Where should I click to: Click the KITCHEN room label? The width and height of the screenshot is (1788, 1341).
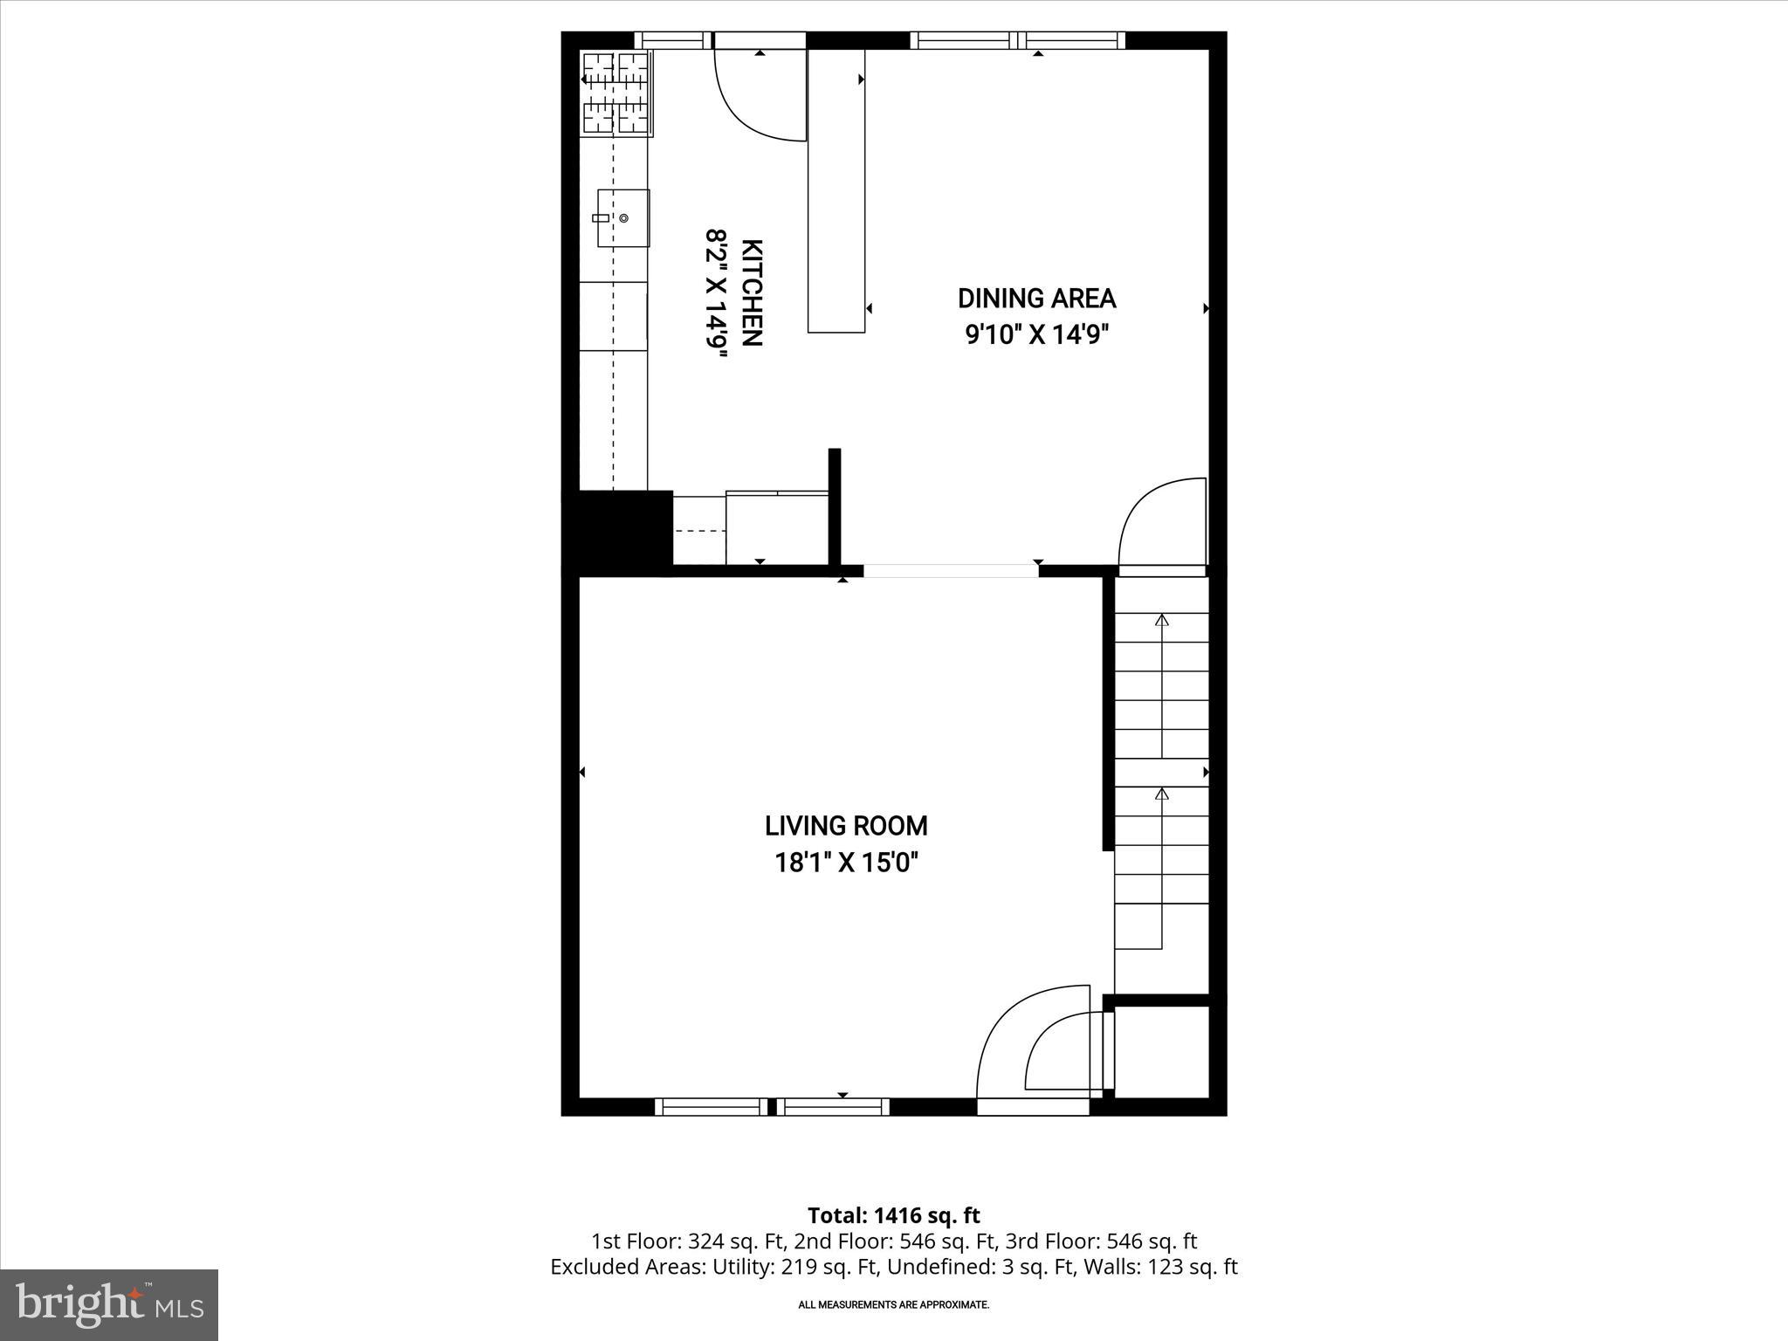[752, 292]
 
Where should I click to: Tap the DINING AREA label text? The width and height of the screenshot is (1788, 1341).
[1036, 299]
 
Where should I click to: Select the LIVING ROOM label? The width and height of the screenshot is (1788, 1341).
[846, 826]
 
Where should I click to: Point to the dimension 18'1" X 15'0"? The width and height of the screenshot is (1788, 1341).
[846, 863]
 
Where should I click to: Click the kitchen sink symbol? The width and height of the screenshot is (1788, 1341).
[622, 217]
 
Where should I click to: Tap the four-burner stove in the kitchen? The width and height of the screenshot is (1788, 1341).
[617, 93]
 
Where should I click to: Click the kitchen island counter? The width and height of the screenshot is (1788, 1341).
[836, 190]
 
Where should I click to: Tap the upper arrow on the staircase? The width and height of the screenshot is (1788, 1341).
[1161, 621]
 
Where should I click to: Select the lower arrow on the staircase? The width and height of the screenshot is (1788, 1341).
[1161, 794]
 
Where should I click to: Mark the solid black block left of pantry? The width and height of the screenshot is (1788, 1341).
[616, 531]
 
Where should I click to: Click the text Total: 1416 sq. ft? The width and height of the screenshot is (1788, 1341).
[893, 1215]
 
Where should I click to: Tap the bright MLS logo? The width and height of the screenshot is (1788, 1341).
[109, 1304]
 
